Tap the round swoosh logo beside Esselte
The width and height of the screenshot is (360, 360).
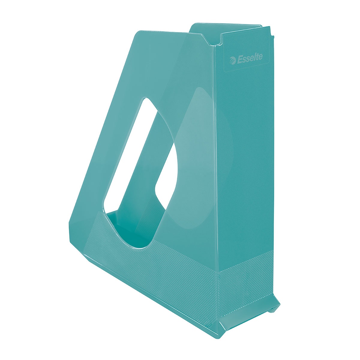click(233, 61)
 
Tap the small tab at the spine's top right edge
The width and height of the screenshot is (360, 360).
click(273, 37)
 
